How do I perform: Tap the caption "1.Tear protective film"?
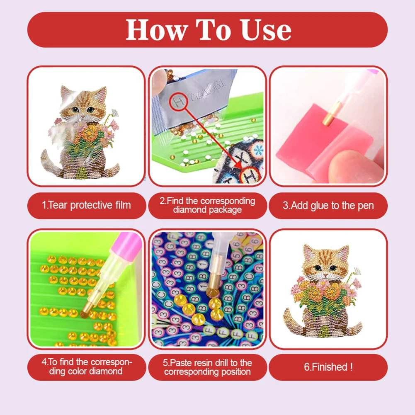87,205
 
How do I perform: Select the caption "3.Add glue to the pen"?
328,205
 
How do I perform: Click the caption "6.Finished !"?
328,367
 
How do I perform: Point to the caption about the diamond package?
207,205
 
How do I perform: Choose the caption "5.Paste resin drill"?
207,367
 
